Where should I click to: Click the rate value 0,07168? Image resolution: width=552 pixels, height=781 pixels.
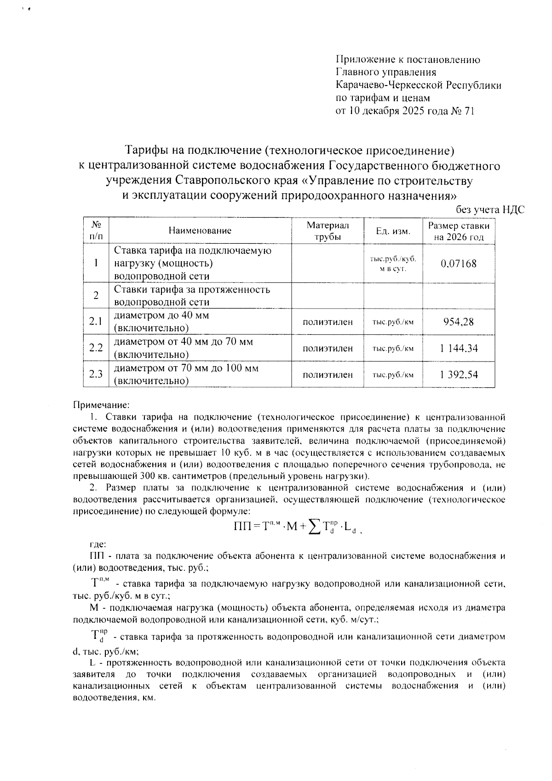458,264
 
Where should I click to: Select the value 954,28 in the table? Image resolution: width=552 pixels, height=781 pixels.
458,322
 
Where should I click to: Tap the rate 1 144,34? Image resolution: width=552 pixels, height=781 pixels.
459,348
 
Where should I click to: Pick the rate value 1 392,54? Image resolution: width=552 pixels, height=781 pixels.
459,374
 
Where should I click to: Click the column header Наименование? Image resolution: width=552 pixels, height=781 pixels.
200,231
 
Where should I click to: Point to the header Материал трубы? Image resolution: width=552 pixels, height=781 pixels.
328,231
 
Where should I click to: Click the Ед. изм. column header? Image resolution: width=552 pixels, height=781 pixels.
393,231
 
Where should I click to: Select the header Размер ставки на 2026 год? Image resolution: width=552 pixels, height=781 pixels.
459,231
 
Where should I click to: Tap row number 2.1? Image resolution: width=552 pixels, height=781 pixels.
96,322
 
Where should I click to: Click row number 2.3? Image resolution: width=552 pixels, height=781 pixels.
96,374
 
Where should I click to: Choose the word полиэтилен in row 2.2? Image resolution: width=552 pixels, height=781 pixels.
328,349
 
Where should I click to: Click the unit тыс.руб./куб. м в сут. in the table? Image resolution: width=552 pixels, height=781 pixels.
393,264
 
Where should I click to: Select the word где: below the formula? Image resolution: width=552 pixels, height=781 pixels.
98,544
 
